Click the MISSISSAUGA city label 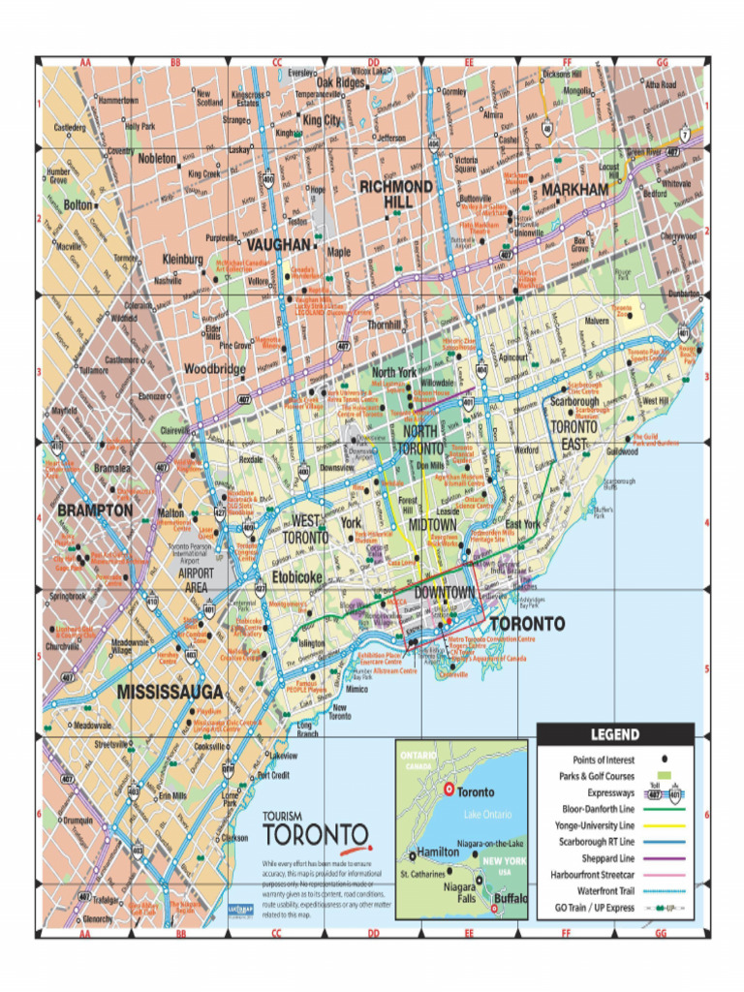[170, 692]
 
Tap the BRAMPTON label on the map [95, 509]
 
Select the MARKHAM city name [574, 189]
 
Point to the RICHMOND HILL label [395, 193]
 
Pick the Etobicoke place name [295, 576]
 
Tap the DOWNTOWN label [444, 592]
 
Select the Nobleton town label [157, 158]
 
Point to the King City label [322, 120]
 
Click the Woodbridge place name [215, 369]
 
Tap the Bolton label [78, 205]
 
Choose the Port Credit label [273, 775]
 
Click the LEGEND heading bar [615, 734]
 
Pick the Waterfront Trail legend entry [605, 891]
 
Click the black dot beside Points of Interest [664, 759]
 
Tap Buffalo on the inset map [510, 898]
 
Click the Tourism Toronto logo [315, 830]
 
